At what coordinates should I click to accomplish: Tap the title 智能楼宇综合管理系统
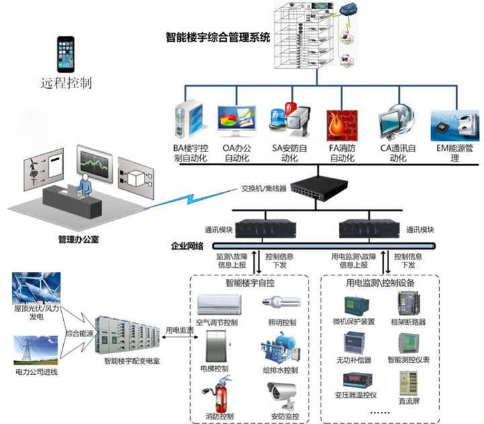(x=218, y=38)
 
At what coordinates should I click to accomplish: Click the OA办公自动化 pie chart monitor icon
(x=237, y=122)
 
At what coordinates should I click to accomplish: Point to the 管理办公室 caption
(x=78, y=239)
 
